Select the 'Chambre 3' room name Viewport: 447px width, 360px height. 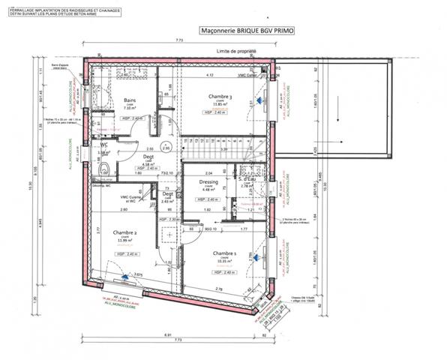coord(220,97)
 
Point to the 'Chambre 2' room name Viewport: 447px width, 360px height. coord(124,233)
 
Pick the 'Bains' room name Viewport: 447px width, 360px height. coord(129,100)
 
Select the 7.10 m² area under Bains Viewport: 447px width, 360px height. coord(128,108)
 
